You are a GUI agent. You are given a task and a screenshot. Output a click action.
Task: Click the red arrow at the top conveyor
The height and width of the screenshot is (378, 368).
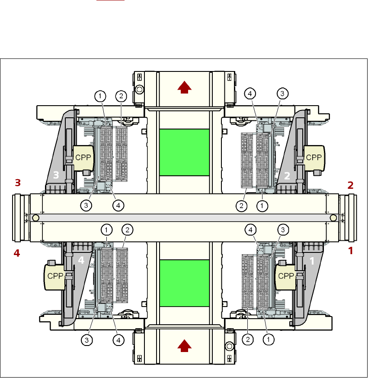185,88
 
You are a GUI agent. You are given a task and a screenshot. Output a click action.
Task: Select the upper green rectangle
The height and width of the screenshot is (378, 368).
184,152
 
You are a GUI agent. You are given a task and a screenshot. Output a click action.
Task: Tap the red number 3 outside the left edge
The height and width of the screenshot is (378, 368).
18,183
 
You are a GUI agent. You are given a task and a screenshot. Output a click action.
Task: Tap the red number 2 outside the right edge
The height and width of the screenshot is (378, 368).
351,185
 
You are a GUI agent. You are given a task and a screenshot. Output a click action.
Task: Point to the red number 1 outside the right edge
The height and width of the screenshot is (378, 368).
351,250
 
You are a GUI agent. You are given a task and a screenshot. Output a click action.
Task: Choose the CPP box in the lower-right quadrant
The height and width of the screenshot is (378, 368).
286,275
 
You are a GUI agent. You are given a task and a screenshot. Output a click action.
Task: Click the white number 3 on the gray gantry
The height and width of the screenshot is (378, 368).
56,174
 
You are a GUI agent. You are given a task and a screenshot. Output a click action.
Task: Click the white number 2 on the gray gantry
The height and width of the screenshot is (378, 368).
287,175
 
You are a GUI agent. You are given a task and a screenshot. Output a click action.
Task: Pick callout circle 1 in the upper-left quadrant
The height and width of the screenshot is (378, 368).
100,95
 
